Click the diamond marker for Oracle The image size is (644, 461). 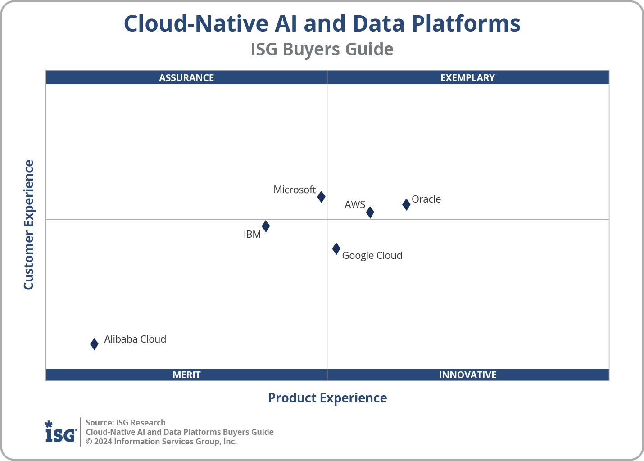pyautogui.click(x=406, y=204)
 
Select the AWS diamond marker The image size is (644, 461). pyautogui.click(x=370, y=212)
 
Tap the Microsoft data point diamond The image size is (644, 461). pyautogui.click(x=321, y=197)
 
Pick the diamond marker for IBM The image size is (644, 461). pyautogui.click(x=266, y=226)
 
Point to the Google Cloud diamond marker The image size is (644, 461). pyautogui.click(x=336, y=249)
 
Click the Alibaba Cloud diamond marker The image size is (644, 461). pyautogui.click(x=94, y=344)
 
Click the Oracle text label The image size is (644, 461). pyautogui.click(x=426, y=199)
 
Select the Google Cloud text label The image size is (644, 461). pyautogui.click(x=372, y=255)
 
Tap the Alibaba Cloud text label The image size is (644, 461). pyautogui.click(x=135, y=339)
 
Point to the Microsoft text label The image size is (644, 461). pyautogui.click(x=295, y=190)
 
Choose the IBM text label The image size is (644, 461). pyautogui.click(x=252, y=234)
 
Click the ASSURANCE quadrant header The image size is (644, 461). pyautogui.click(x=186, y=77)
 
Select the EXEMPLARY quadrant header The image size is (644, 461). pyautogui.click(x=467, y=77)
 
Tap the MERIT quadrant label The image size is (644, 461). pyautogui.click(x=186, y=375)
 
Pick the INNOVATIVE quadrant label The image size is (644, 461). pyautogui.click(x=467, y=375)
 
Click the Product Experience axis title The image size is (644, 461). pyautogui.click(x=327, y=398)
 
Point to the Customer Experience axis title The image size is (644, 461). pyautogui.click(x=29, y=225)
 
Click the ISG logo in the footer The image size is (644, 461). pyautogui.click(x=60, y=432)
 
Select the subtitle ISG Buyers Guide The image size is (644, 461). pyautogui.click(x=322, y=49)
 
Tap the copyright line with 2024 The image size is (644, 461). pyautogui.click(x=161, y=442)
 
